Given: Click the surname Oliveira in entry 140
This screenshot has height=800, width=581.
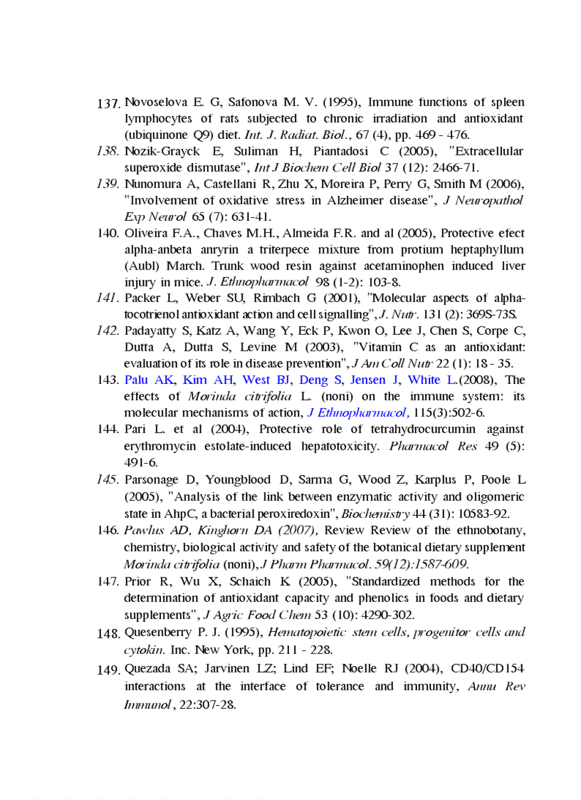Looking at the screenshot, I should point(145,233).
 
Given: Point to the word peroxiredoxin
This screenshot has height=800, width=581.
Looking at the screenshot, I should point(295,513).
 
